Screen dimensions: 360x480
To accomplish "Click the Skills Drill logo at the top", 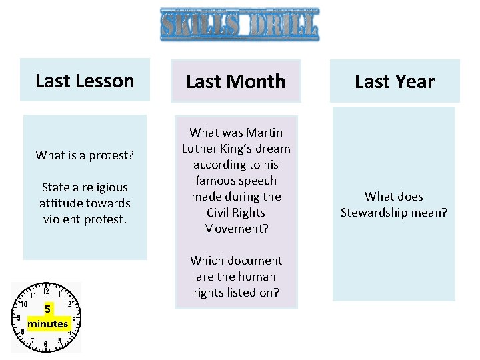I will point(239,25).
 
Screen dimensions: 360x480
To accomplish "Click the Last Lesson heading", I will point(85,81).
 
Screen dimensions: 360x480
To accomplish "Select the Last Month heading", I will point(235,81).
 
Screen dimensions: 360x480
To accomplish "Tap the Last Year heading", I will point(394,81).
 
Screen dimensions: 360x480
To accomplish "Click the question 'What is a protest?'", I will point(85,155).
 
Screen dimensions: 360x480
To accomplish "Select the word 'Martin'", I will point(264,133).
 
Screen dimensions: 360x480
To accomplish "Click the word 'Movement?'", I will point(235,229).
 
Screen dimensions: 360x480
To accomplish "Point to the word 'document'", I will point(259,261).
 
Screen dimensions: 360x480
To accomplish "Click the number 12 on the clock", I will point(45,291).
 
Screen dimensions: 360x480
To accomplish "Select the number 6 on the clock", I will point(45,345).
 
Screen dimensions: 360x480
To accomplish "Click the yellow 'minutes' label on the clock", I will point(48,324).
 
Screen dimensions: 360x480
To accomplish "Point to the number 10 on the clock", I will point(23,303).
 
